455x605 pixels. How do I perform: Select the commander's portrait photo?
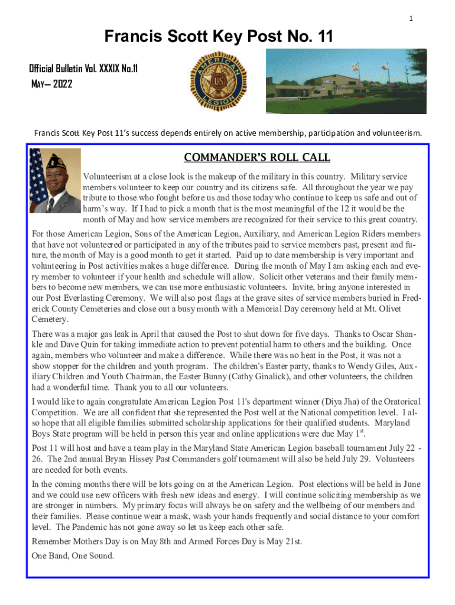[55, 181]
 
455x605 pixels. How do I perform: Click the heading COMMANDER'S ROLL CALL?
[257, 158]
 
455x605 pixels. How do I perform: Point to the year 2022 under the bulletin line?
[63, 84]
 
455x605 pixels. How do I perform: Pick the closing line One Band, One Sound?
[73, 555]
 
